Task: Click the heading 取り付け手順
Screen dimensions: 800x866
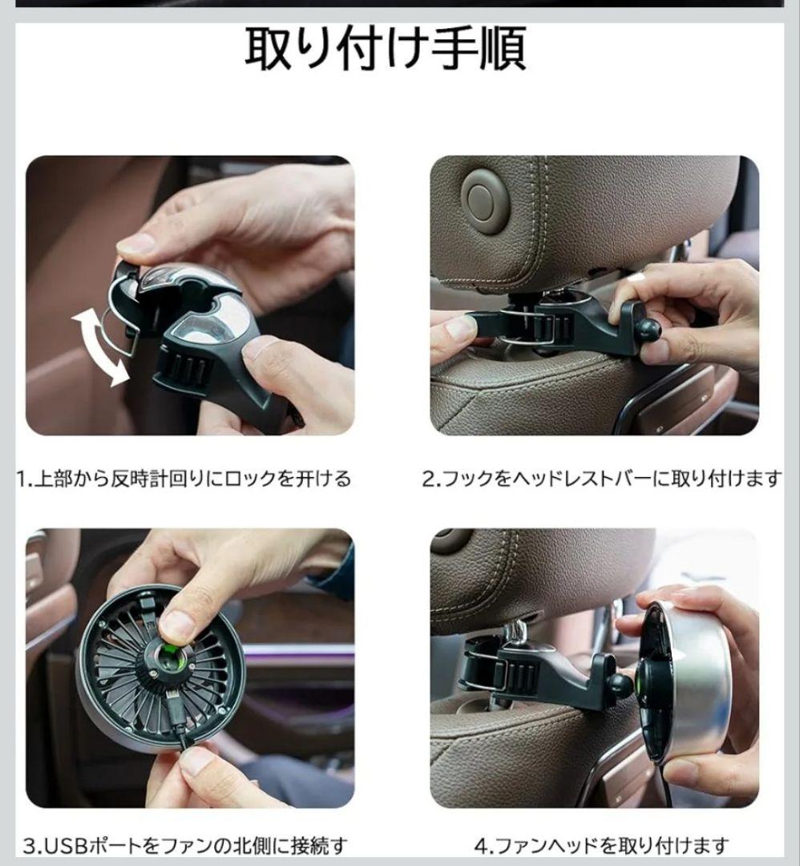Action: coord(386,48)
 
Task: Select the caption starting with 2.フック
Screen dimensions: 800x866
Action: coord(602,478)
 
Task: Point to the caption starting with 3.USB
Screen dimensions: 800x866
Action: coord(185,846)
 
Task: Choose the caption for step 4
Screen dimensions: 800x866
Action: coord(601,846)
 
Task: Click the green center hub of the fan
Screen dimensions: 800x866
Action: coord(169,656)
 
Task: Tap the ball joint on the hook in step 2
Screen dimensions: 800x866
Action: coord(649,330)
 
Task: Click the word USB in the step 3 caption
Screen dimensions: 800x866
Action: coord(65,846)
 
